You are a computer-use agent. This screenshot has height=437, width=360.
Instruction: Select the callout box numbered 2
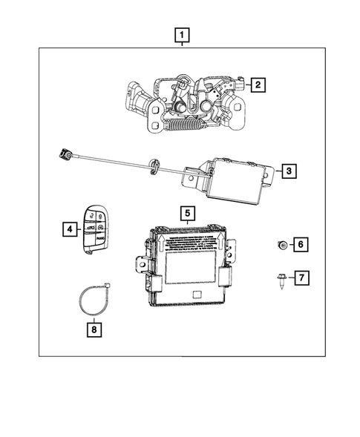(258, 85)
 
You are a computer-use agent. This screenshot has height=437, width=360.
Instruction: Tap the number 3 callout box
(289, 172)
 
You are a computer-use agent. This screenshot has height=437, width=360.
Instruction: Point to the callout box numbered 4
(69, 230)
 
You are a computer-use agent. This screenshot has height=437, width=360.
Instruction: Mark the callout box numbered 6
(301, 243)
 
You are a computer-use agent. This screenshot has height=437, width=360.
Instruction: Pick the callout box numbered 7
(301, 278)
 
